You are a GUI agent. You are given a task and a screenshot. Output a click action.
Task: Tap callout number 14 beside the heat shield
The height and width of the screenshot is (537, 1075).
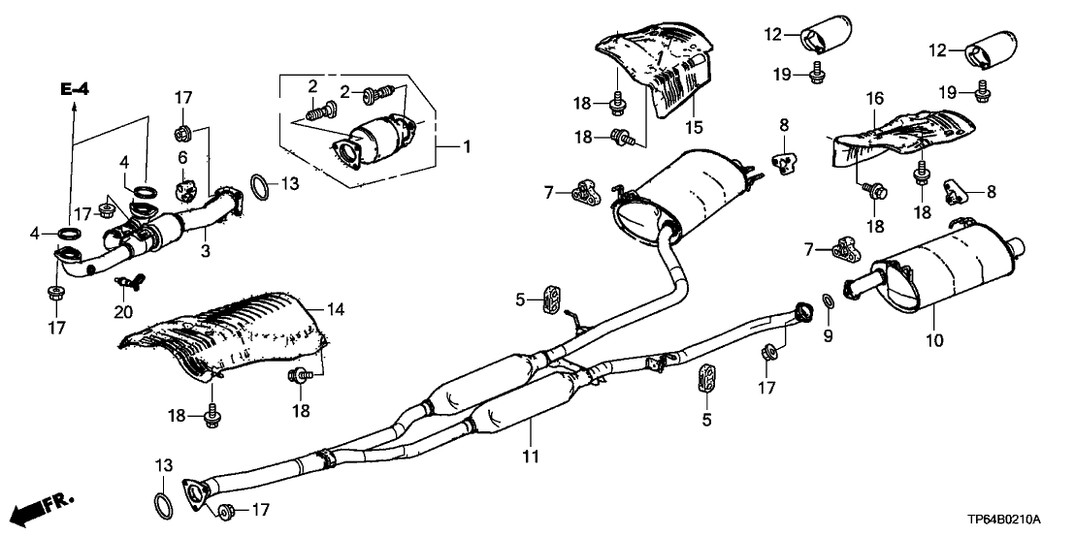pos(336,310)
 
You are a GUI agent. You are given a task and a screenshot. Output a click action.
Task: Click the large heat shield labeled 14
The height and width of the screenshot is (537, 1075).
pos(223,334)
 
